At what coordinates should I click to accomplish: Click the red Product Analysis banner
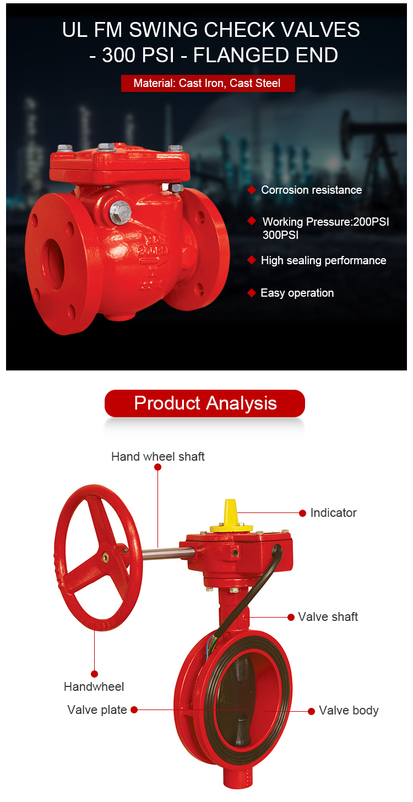pyautogui.click(x=204, y=403)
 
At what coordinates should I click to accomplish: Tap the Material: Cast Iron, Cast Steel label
pyautogui.click(x=207, y=83)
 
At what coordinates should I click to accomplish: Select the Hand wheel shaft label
pyautogui.click(x=157, y=456)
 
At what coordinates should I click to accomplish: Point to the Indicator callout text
pyautogui.click(x=334, y=512)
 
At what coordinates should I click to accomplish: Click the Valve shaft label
pyautogui.click(x=328, y=616)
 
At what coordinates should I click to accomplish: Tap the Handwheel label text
pyautogui.click(x=94, y=686)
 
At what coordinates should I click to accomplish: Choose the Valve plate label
pyautogui.click(x=97, y=710)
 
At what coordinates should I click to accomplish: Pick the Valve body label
pyautogui.click(x=349, y=710)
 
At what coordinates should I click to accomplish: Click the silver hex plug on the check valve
pyautogui.click(x=120, y=213)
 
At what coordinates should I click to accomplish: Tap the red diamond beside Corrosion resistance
pyautogui.click(x=252, y=190)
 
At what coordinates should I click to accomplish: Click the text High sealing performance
pyautogui.click(x=323, y=260)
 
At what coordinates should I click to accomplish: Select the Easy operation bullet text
pyautogui.click(x=297, y=293)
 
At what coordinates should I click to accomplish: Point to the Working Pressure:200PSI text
pyautogui.click(x=325, y=222)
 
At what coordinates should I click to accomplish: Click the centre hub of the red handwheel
pyautogui.click(x=106, y=557)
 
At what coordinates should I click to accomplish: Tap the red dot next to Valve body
pyautogui.click(x=311, y=711)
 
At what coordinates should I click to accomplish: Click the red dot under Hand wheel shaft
pyautogui.click(x=157, y=467)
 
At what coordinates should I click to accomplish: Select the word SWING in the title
pyautogui.click(x=163, y=29)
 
